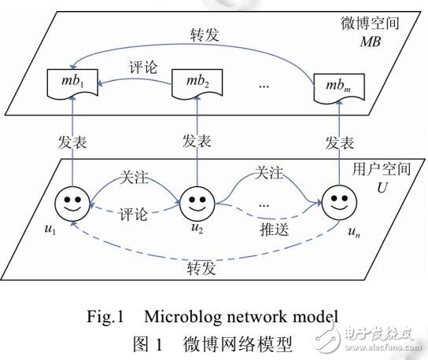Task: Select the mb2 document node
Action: [x=194, y=82]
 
